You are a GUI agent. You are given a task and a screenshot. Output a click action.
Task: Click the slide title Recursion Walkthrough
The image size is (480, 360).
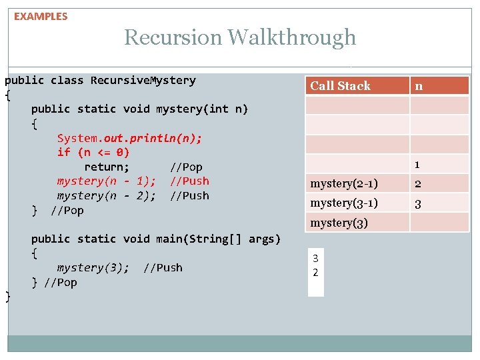pyautogui.click(x=240, y=37)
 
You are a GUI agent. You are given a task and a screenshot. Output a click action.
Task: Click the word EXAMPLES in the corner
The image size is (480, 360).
pyautogui.click(x=41, y=16)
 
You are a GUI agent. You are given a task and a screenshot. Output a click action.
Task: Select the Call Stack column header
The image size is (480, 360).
pyautogui.click(x=340, y=85)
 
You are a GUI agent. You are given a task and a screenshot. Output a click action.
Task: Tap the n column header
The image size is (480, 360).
pyautogui.click(x=419, y=85)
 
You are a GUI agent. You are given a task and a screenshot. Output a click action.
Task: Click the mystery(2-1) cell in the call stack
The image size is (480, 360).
pyautogui.click(x=344, y=183)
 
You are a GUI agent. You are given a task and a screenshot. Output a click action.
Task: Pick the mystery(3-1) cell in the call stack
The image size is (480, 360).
pyautogui.click(x=344, y=203)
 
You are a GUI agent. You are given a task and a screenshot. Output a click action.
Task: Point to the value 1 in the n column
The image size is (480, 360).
pyautogui.click(x=417, y=164)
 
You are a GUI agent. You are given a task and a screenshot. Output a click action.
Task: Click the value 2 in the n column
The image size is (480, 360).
pyautogui.click(x=418, y=184)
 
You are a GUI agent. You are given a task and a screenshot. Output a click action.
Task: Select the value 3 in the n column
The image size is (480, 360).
pyautogui.click(x=418, y=203)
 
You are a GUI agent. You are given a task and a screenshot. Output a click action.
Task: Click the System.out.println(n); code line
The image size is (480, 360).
pyautogui.click(x=129, y=138)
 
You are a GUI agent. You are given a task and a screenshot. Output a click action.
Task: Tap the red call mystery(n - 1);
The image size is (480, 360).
pyautogui.click(x=107, y=181)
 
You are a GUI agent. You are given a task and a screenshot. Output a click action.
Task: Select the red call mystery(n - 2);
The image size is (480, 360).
pyautogui.click(x=107, y=195)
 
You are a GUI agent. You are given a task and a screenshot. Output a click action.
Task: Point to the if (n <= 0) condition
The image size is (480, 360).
pyautogui.click(x=93, y=152)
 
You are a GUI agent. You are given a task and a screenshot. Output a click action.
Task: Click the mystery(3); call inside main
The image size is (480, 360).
pyautogui.click(x=93, y=267)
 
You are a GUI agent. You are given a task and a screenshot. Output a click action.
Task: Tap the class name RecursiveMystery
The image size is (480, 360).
pyautogui.click(x=143, y=80)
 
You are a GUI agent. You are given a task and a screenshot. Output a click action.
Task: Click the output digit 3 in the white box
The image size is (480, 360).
pyautogui.click(x=315, y=258)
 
